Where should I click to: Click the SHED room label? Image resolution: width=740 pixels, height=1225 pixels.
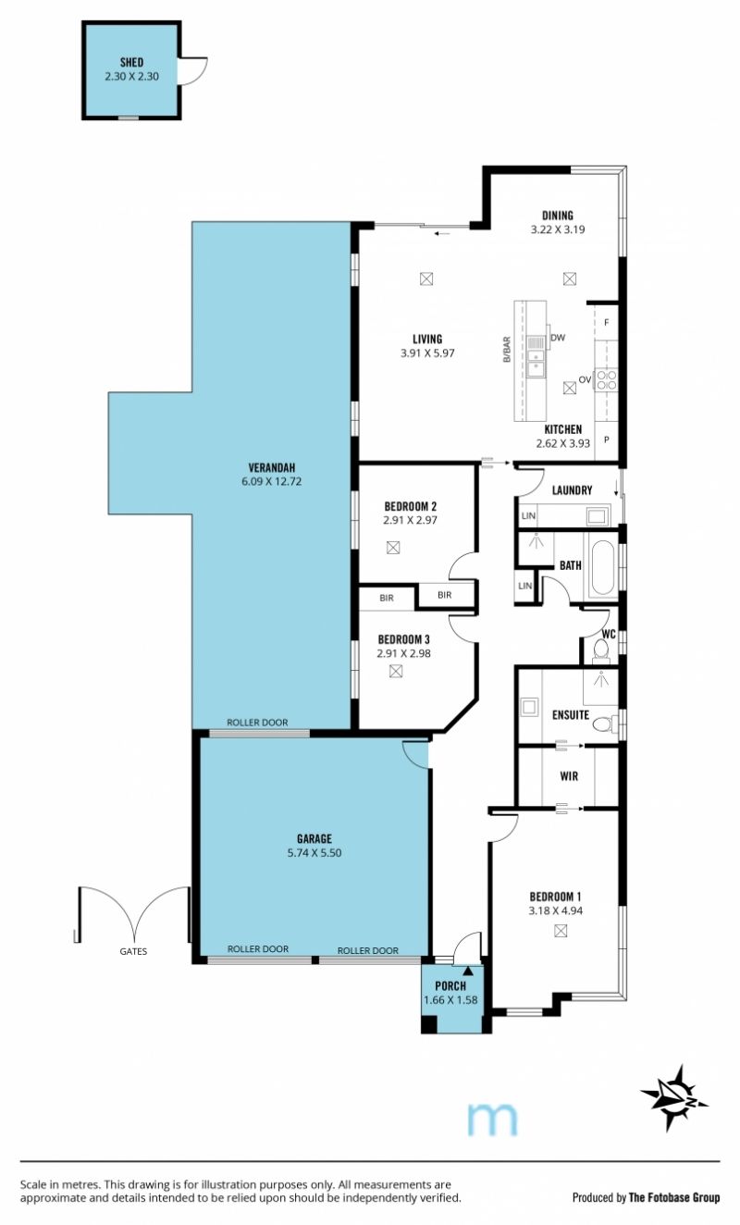click(131, 62)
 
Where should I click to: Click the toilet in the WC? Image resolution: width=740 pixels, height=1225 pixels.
click(600, 650)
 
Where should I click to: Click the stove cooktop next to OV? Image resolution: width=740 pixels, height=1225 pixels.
click(607, 380)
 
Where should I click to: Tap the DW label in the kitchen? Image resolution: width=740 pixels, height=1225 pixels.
click(558, 338)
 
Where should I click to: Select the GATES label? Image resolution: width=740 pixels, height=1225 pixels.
click(133, 951)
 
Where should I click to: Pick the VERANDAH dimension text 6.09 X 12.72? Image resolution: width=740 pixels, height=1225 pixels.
click(271, 482)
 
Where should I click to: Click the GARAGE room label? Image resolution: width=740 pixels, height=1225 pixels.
click(314, 838)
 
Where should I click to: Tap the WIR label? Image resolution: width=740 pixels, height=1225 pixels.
click(569, 776)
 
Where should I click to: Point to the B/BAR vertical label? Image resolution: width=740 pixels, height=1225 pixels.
click(507, 350)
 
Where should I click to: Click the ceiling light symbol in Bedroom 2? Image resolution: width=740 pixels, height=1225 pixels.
click(393, 548)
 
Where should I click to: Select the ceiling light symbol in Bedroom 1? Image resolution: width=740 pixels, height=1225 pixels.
click(561, 930)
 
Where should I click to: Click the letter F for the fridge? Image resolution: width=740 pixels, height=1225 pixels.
click(607, 323)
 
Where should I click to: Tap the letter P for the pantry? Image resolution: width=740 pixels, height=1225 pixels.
click(607, 439)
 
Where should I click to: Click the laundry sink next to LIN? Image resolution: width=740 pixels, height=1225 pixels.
click(596, 515)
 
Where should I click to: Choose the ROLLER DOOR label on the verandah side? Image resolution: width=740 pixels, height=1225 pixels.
click(257, 723)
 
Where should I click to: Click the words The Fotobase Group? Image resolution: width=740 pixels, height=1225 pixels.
click(674, 1197)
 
